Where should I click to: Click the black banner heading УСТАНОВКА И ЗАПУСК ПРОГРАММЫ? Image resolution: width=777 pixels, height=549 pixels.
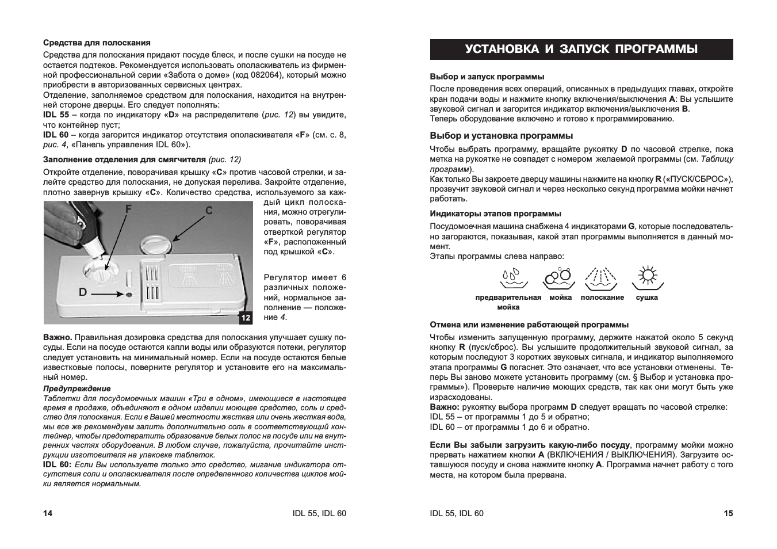point(581,49)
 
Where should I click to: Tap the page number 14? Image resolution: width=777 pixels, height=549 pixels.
point(48,513)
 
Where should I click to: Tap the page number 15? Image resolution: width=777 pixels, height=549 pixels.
point(728,513)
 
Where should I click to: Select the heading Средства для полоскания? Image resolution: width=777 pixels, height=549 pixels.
point(97,43)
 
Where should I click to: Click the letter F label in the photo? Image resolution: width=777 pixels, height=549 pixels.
point(128,210)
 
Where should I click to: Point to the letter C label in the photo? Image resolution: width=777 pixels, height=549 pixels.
point(209,211)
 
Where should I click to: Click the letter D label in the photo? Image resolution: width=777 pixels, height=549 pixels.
point(83,292)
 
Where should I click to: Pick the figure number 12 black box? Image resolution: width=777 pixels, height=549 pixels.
point(246,317)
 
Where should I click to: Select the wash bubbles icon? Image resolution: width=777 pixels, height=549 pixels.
point(558,278)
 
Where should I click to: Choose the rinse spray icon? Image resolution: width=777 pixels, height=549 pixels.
point(601,278)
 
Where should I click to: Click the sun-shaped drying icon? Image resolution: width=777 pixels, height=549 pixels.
point(648,277)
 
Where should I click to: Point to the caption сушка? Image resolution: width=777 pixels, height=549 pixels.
point(647,298)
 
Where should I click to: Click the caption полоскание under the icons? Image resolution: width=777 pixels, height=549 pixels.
point(602,298)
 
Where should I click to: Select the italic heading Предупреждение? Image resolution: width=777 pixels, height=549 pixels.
point(77,388)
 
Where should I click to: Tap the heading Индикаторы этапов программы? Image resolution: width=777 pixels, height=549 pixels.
point(495,213)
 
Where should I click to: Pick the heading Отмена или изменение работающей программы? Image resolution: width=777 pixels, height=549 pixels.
point(529,325)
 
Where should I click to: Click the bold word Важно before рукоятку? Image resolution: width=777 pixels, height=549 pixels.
point(443,407)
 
